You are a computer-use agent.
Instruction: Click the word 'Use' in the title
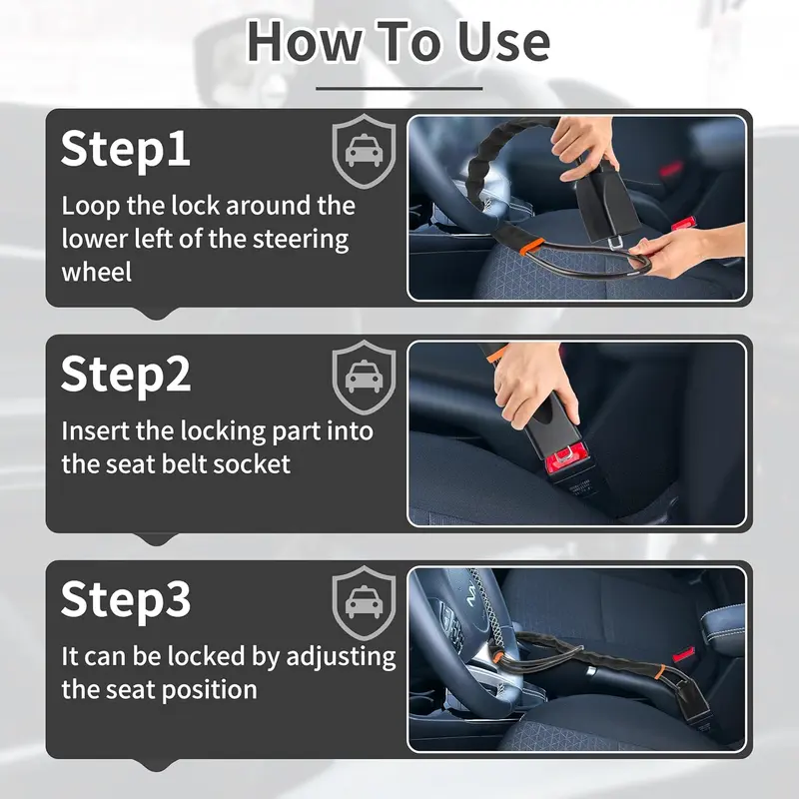pyautogui.click(x=503, y=42)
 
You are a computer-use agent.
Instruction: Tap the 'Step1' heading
pyautogui.click(x=126, y=148)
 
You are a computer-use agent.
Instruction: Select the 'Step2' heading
pyautogui.click(x=126, y=374)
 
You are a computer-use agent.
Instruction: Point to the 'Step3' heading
pyautogui.click(x=126, y=599)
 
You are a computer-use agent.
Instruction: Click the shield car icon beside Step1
pyautogui.click(x=364, y=152)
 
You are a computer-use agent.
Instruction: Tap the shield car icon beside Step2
pyautogui.click(x=364, y=378)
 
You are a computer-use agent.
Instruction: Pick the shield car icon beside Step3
pyautogui.click(x=364, y=603)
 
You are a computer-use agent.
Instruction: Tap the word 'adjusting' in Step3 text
pyautogui.click(x=341, y=657)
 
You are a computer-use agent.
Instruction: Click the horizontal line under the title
pyautogui.click(x=399, y=88)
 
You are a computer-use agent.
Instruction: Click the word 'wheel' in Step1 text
pyautogui.click(x=97, y=272)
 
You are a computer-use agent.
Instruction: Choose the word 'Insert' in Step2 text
pyautogui.click(x=95, y=431)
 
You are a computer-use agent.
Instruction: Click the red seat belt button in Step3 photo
pyautogui.click(x=684, y=654)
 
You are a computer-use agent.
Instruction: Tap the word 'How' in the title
pyautogui.click(x=305, y=42)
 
